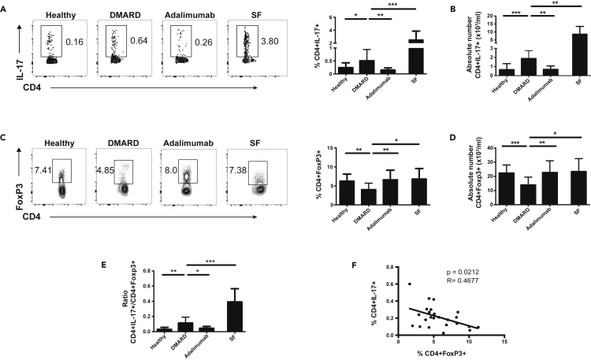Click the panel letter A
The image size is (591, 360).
[5, 6]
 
